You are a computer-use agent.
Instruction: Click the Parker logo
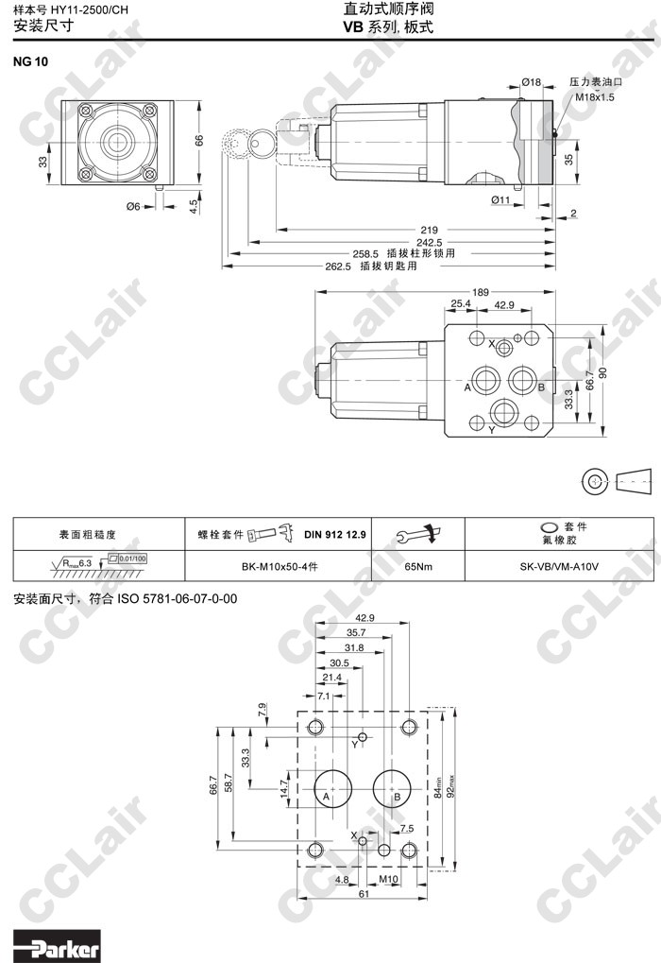pos(57,948)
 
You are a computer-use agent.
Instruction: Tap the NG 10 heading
pos(30,61)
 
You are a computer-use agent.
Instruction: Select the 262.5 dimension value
pos(338,267)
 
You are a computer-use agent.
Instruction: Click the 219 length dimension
pos(429,231)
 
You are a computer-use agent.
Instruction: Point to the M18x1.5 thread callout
pos(594,96)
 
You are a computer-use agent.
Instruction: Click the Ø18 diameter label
pos(532,81)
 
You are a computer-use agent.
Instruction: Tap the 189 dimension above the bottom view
pos(480,292)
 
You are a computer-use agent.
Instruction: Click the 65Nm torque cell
pos(418,566)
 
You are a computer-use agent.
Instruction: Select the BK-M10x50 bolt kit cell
pos(280,566)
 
